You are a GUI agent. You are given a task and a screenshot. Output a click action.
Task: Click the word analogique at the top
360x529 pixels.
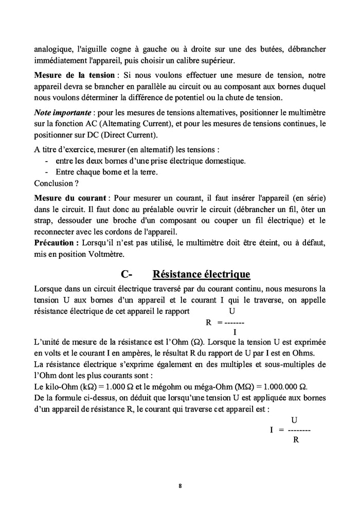(52, 50)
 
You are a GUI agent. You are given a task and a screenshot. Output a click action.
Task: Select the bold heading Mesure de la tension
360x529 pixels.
(74, 75)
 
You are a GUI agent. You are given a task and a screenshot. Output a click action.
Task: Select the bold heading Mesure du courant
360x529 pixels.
(70, 198)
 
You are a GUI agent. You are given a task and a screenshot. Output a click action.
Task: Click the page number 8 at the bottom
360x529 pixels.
(180, 485)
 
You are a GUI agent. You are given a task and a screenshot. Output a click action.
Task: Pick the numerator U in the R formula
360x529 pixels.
(232, 311)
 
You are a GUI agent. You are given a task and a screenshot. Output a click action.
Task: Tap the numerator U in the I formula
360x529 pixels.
(294, 420)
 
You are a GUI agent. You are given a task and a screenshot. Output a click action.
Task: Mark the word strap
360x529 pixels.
(44, 221)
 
